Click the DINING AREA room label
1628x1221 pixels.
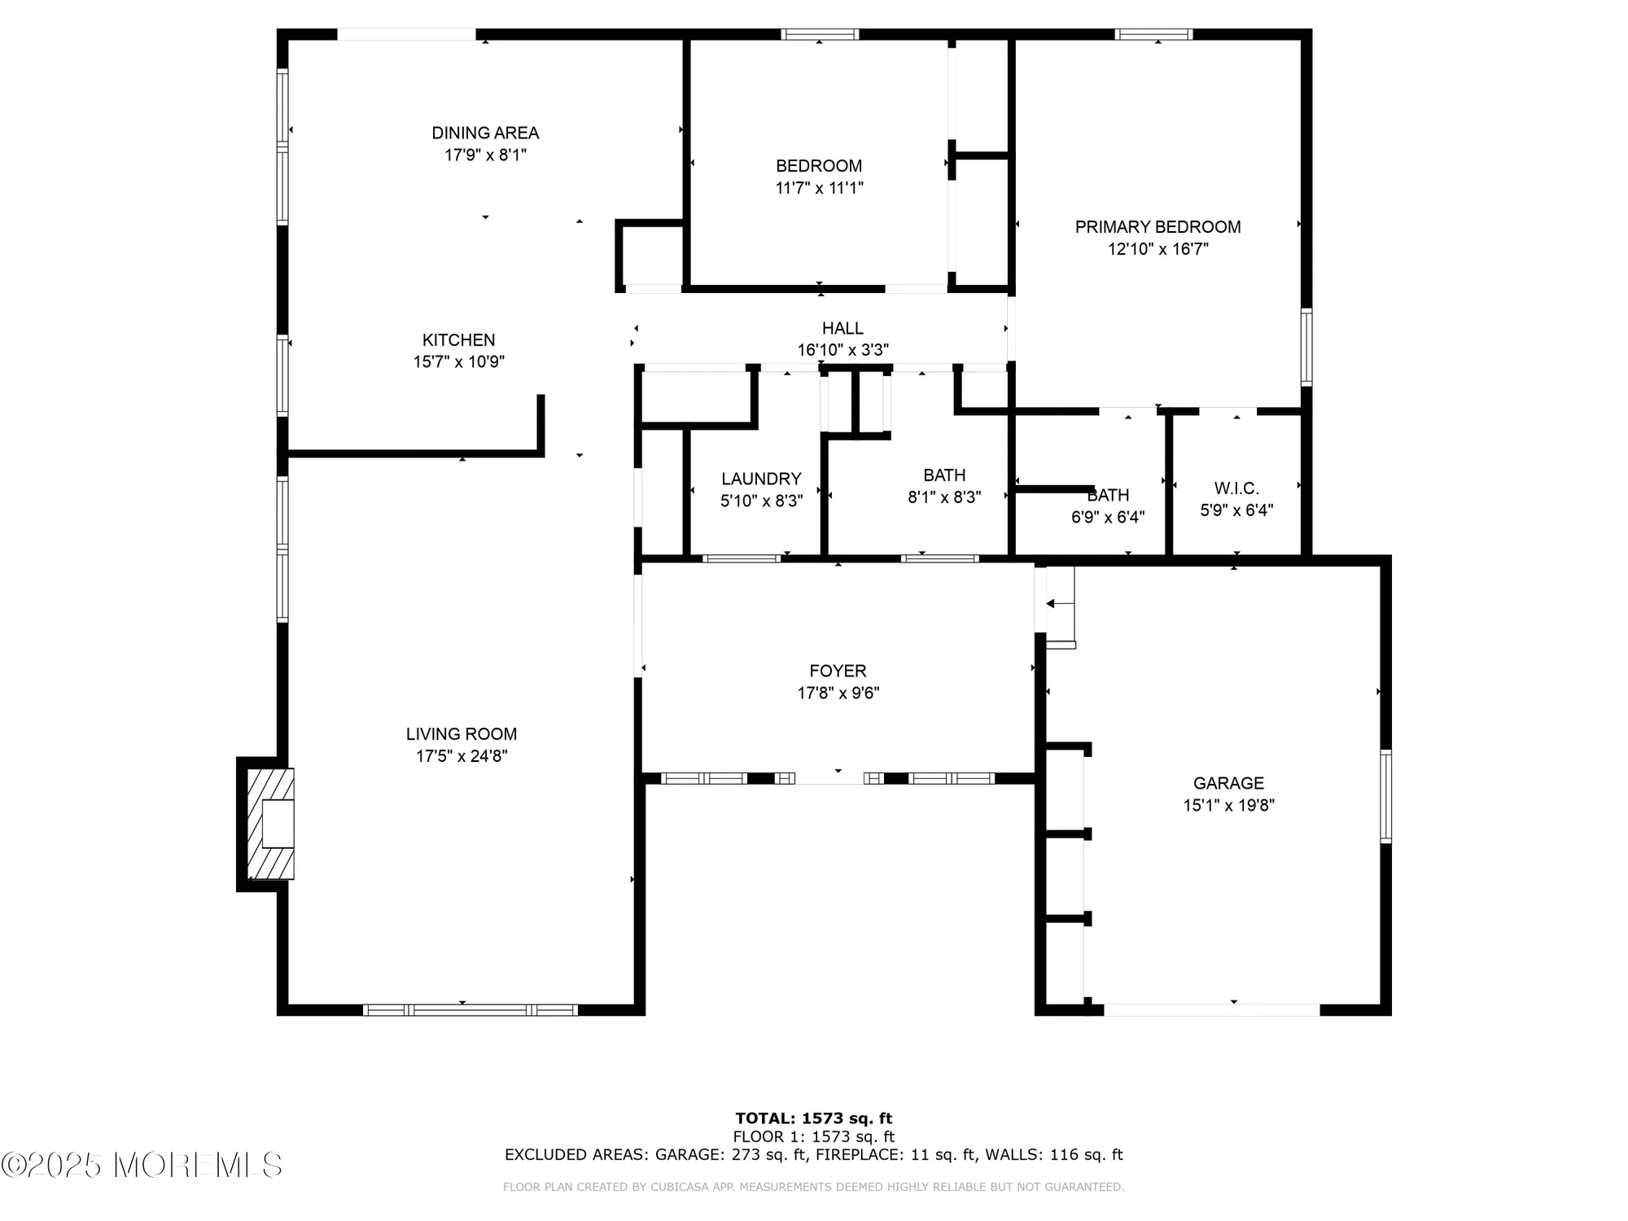tap(485, 133)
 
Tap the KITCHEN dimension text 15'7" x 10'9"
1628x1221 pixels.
tap(458, 362)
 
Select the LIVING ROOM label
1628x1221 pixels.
tap(462, 734)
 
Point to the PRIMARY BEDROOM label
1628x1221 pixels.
tap(1158, 227)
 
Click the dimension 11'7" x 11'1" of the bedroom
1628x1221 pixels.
tap(819, 188)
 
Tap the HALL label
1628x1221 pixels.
tap(842, 328)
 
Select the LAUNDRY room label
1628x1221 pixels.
tap(761, 479)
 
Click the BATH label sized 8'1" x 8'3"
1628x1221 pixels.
tap(944, 475)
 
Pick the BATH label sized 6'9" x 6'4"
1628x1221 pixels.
tap(1108, 495)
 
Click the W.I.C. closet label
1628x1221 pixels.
tap(1236, 488)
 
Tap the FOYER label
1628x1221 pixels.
tap(838, 671)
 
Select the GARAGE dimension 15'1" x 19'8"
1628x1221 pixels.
tap(1228, 806)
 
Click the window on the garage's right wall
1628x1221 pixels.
tap(1385, 796)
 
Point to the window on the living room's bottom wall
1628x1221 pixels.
tap(470, 1010)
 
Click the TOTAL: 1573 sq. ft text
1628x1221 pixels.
tap(813, 1118)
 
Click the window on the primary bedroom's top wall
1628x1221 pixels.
tap(1153, 34)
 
